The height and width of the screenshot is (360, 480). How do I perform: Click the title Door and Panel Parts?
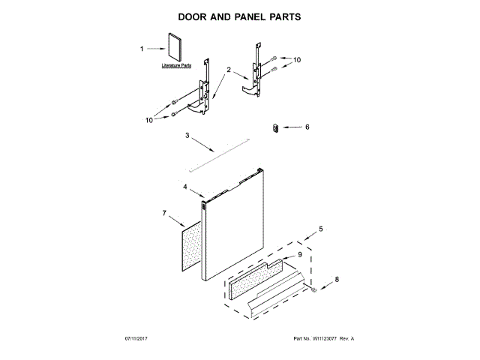(239, 16)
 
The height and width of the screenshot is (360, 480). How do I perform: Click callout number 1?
(142, 49)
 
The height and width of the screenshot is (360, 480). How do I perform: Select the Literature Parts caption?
(177, 67)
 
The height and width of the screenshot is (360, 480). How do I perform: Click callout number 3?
(188, 136)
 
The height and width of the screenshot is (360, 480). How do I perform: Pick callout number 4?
(184, 186)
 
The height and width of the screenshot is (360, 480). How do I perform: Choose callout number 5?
(321, 228)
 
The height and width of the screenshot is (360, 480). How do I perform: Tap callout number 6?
(306, 127)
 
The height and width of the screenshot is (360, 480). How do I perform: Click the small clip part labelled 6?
(275, 127)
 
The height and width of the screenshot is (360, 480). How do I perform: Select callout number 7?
(163, 214)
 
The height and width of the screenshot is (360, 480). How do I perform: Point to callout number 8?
(336, 280)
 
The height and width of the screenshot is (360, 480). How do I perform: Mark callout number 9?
(299, 255)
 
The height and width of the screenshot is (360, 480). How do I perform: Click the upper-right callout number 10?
(296, 59)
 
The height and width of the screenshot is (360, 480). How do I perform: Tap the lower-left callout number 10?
(149, 118)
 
